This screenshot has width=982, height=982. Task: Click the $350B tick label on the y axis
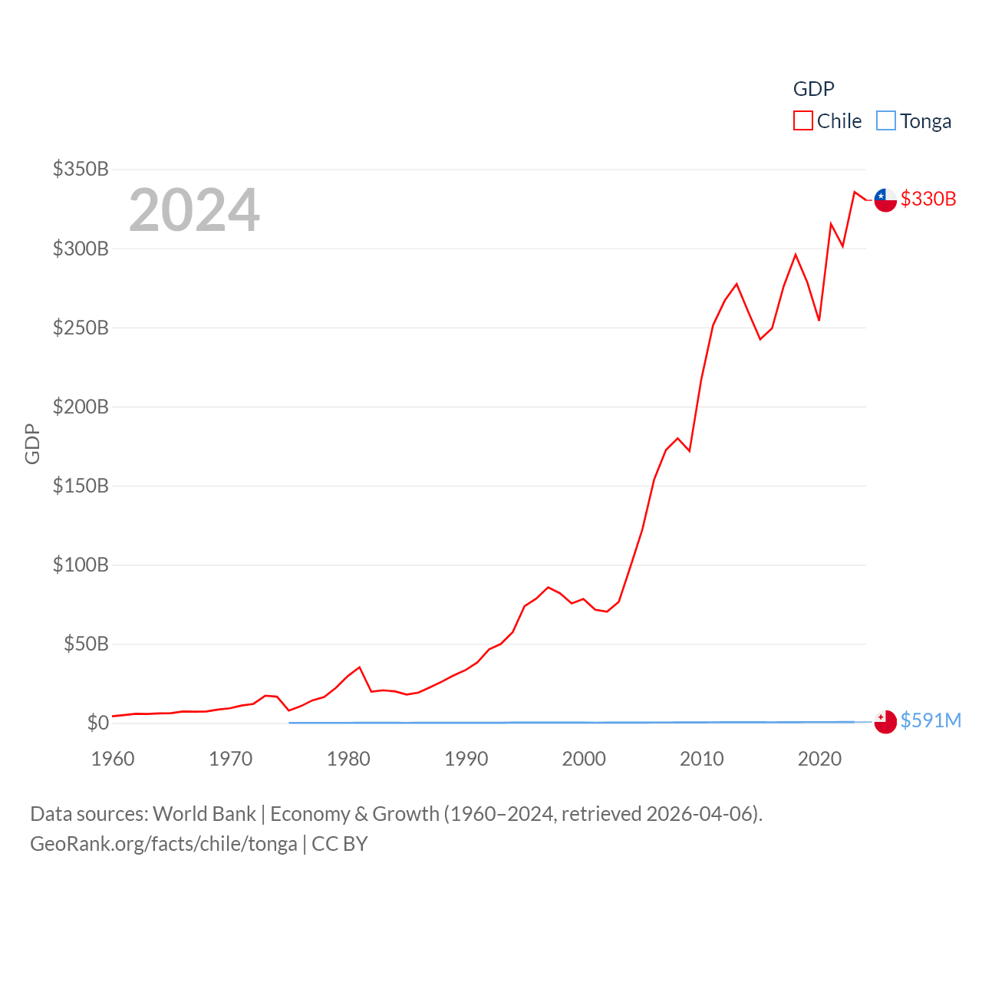(81, 169)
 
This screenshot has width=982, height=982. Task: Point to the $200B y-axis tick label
(81, 407)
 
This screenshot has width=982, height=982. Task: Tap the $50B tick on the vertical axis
(86, 644)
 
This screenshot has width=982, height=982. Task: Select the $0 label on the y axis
(98, 723)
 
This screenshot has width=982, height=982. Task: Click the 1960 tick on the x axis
(113, 759)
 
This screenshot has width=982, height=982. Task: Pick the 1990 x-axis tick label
(466, 759)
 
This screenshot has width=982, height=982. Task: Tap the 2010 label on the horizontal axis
(702, 759)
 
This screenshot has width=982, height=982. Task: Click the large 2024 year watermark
(194, 209)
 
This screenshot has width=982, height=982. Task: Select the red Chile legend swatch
(802, 121)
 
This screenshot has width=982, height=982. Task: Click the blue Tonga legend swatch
(885, 121)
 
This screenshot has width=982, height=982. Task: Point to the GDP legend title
(813, 89)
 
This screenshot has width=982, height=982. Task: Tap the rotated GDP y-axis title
(32, 443)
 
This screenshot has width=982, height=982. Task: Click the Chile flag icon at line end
(885, 199)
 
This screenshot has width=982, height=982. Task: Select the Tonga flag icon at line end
(885, 721)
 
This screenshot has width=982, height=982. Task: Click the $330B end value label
(928, 199)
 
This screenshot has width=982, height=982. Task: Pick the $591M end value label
(931, 720)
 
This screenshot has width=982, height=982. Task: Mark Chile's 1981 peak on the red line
(359, 667)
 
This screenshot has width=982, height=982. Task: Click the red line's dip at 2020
(819, 320)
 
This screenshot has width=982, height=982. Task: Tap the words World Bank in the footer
(204, 813)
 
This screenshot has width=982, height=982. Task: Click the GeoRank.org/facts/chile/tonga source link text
(163, 844)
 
